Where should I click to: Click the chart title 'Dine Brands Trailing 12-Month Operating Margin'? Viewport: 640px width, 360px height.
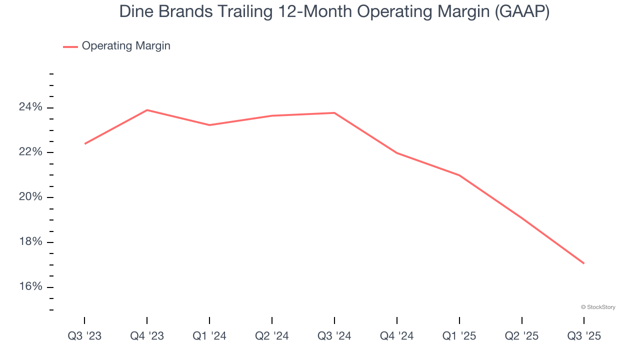point(334,11)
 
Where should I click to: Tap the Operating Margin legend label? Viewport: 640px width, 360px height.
point(126,46)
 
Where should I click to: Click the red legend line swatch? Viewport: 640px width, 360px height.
point(70,46)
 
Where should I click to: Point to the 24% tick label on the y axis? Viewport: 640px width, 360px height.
point(30,107)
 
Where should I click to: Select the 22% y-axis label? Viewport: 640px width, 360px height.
point(30,152)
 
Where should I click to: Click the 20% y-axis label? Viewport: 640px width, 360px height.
point(30,197)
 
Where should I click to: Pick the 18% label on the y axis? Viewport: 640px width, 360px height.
point(30,242)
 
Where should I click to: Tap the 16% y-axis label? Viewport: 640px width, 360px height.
point(30,286)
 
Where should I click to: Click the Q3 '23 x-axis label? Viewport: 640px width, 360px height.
point(84,336)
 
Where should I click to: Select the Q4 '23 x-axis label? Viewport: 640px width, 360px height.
point(147,336)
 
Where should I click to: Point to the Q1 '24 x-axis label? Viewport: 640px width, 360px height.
point(209,336)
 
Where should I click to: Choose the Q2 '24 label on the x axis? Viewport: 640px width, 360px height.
point(272,336)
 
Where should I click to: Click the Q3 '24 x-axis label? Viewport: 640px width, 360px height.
point(334,336)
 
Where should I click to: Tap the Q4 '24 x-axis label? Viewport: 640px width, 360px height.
point(397,336)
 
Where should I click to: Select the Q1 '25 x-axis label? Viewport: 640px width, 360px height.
point(459,336)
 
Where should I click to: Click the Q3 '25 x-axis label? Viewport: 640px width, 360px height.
point(584,336)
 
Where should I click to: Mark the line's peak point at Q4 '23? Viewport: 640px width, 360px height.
point(147,110)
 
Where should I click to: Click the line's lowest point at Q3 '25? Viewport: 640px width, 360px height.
point(584,263)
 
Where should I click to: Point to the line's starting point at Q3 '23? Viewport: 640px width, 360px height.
point(84,144)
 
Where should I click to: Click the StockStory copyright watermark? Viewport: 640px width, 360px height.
point(598,307)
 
